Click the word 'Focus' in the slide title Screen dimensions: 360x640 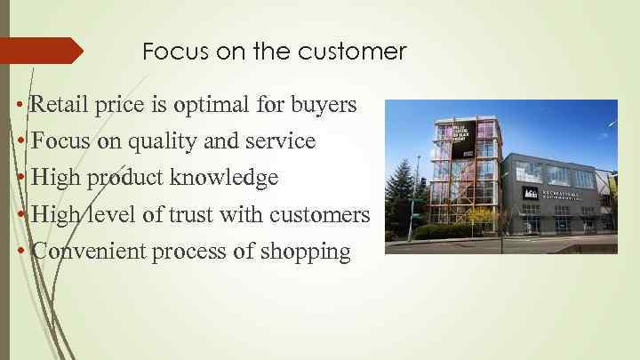(170, 52)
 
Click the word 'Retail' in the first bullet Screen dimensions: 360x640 (59, 106)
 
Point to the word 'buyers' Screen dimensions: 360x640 (325, 106)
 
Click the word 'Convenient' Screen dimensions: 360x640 (89, 252)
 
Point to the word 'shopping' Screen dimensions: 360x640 (307, 252)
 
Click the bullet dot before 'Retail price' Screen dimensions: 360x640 (20, 107)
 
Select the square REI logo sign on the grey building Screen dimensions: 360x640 (530, 191)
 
